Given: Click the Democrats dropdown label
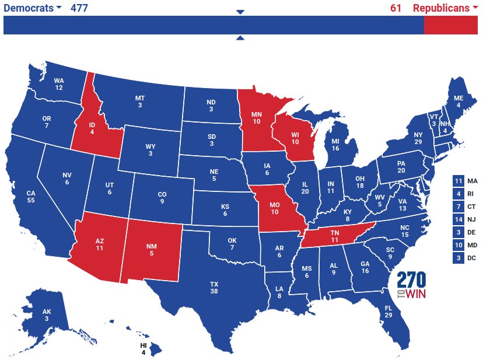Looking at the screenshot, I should [33, 8].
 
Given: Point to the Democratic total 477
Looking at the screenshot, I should [79, 8].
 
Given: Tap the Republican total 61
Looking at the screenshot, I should [396, 8].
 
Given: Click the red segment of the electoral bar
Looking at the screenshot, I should [450, 25].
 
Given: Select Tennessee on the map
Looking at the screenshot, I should [335, 236].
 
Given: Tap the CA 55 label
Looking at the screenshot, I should [31, 196].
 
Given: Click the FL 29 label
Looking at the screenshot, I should [388, 312].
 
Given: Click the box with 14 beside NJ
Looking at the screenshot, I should [458, 219].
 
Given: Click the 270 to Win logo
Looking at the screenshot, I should [411, 285].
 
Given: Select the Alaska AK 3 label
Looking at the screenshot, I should [46, 315].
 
